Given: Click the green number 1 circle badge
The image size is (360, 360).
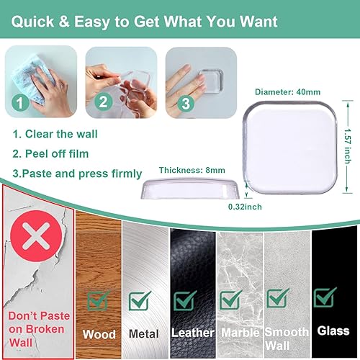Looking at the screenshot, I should pyautogui.click(x=19, y=103).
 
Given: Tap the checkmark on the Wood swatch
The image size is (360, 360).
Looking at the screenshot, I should pyautogui.click(x=98, y=300).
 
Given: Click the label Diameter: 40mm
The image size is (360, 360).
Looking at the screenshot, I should pyautogui.click(x=288, y=91).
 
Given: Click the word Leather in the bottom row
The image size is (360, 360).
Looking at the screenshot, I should pyautogui.click(x=192, y=333).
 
